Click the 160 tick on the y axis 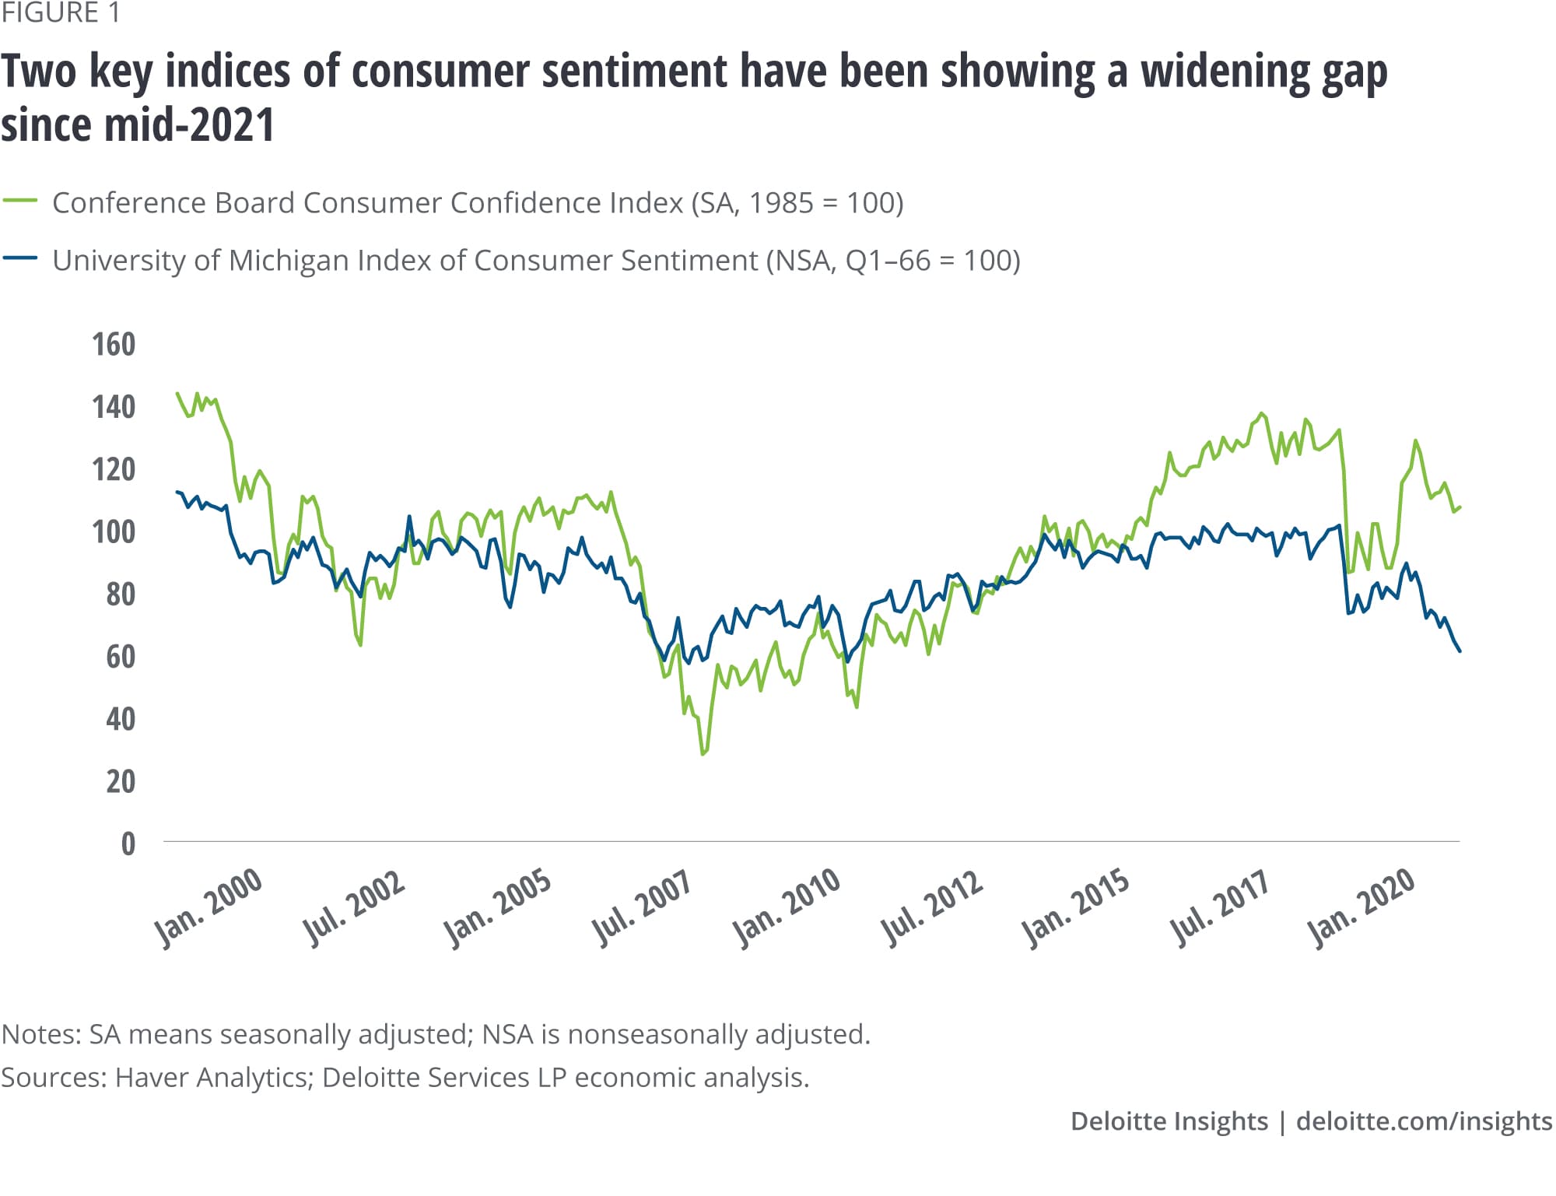[114, 345]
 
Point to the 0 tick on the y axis [128, 844]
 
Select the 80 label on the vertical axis [121, 594]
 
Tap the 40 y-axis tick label [121, 719]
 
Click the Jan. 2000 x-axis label [209, 907]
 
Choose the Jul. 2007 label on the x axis [641, 907]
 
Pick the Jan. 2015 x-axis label [1075, 907]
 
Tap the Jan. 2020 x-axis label [1361, 907]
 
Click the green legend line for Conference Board [20, 202]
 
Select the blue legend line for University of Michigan [20, 258]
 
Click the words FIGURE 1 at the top [61, 13]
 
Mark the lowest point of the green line [703, 754]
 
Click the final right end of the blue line [1460, 651]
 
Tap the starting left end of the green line [177, 393]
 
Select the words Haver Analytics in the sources [211, 1078]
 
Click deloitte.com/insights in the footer [1424, 1121]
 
